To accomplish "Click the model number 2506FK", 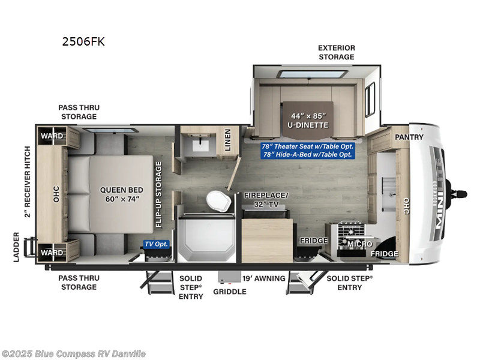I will [x=83, y=42].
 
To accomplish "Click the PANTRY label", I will [x=409, y=137].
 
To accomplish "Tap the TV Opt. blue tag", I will [x=156, y=244].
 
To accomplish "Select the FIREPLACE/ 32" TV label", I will [x=266, y=199].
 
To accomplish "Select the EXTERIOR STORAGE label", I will [x=336, y=52].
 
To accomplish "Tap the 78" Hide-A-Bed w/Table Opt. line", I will [x=308, y=155].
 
